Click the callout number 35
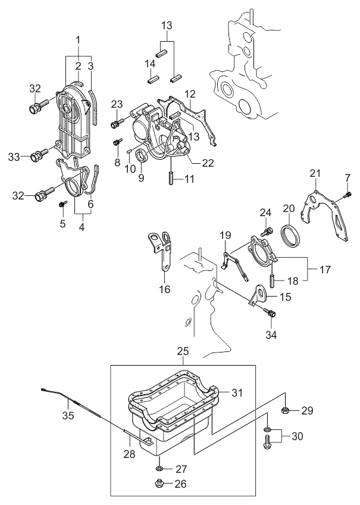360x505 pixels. coord(68,416)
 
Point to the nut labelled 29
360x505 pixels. coord(285,410)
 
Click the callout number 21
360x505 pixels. coord(315,173)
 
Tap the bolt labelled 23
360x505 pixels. coord(116,123)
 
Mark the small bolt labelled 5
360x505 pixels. coord(62,204)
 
